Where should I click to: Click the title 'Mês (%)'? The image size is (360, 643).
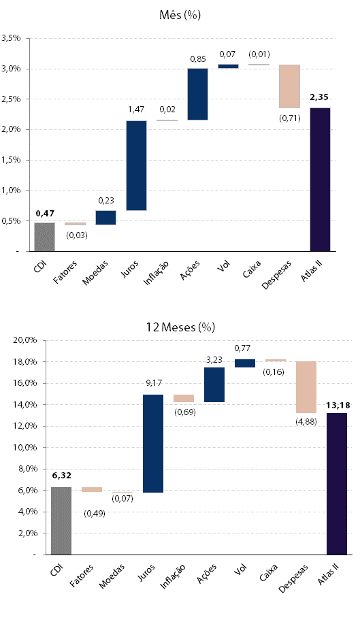[180, 15]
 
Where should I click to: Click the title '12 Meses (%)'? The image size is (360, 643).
[180, 327]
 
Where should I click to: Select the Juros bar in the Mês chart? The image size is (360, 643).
[136, 165]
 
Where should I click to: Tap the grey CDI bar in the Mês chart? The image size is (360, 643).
[44, 237]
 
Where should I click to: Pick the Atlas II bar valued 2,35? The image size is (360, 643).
[321, 179]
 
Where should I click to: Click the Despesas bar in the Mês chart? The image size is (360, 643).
[289, 86]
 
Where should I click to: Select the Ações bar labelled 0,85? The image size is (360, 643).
[197, 94]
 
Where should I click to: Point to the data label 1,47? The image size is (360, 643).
[137, 110]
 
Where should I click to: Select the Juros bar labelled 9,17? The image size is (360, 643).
[153, 443]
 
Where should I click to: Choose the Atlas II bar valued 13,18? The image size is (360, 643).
[337, 484]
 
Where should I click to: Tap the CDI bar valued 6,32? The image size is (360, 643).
[61, 521]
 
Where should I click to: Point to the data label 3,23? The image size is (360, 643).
[214, 360]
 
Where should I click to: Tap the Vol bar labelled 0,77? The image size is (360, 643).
[245, 363]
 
